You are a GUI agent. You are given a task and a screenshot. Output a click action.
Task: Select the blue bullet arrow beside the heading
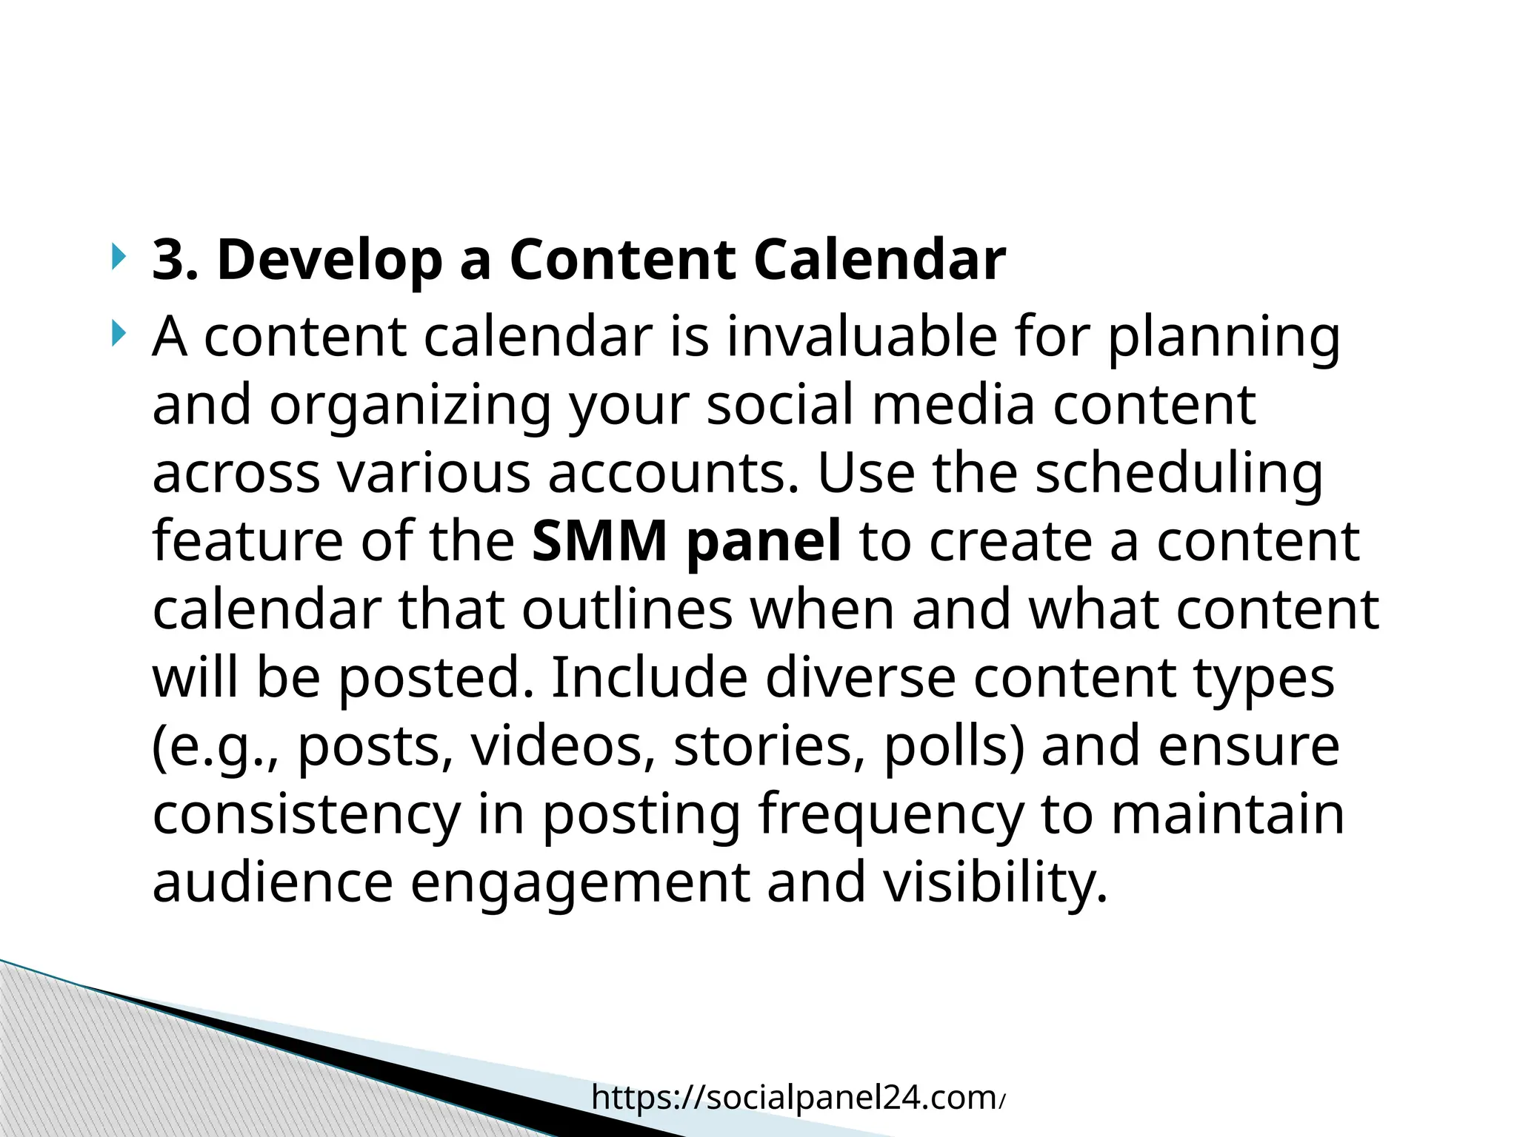point(119,258)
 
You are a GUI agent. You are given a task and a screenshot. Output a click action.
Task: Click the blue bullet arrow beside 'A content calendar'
point(119,335)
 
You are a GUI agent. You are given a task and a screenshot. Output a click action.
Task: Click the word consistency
point(306,814)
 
